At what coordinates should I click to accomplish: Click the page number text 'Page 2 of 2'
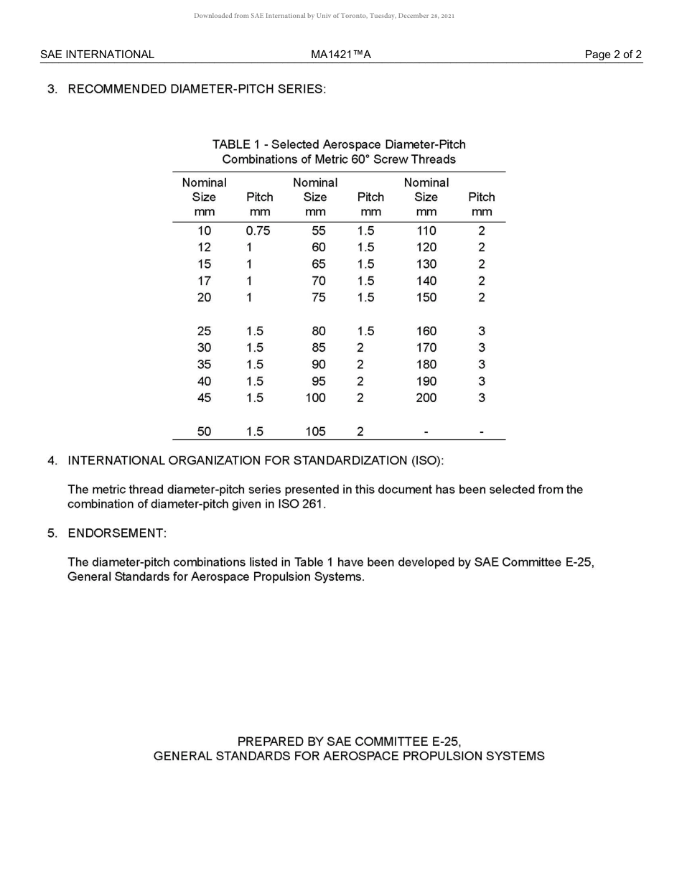coord(613,55)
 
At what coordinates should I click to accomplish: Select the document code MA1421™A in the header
coord(341,55)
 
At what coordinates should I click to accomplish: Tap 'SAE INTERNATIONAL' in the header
coord(97,55)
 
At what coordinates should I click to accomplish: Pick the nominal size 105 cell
coord(315,431)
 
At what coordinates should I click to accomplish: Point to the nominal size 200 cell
coord(426,398)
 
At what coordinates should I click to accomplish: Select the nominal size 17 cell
coord(204,281)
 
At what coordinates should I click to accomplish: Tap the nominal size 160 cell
coord(426,331)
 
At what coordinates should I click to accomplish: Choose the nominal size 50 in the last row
coord(204,431)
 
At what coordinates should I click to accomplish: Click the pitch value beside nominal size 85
coord(360,347)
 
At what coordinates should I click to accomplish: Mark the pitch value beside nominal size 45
coord(255,398)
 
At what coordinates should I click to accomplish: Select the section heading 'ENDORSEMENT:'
coord(117,533)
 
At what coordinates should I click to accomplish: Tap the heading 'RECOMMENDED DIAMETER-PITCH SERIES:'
coord(197,89)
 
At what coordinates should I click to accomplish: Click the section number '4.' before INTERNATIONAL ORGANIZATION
coord(52,460)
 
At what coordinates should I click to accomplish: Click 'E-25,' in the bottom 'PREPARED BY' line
coord(446,741)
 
